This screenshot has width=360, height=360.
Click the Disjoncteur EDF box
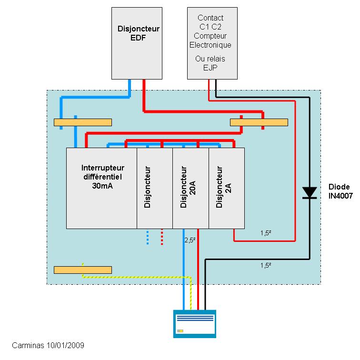138,43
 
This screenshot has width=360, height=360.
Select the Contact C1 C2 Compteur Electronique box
212,43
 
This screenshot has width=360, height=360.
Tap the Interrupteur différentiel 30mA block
101,188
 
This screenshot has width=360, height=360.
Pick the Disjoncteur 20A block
190,188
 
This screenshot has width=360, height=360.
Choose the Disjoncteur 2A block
227,188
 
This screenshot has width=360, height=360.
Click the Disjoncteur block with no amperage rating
155,188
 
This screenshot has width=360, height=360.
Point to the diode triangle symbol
310,192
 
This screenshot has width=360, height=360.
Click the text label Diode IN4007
341,191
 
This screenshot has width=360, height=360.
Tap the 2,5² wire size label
190,240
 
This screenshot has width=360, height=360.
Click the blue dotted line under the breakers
148,237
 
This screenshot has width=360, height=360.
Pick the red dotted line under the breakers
162,237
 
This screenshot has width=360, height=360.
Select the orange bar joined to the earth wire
82,270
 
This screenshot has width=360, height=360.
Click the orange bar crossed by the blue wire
82,122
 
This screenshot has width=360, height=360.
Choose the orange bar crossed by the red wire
259,122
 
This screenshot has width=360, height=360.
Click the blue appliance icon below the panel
194,324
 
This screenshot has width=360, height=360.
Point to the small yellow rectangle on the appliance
180,330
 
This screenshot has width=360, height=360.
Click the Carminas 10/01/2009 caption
48,345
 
